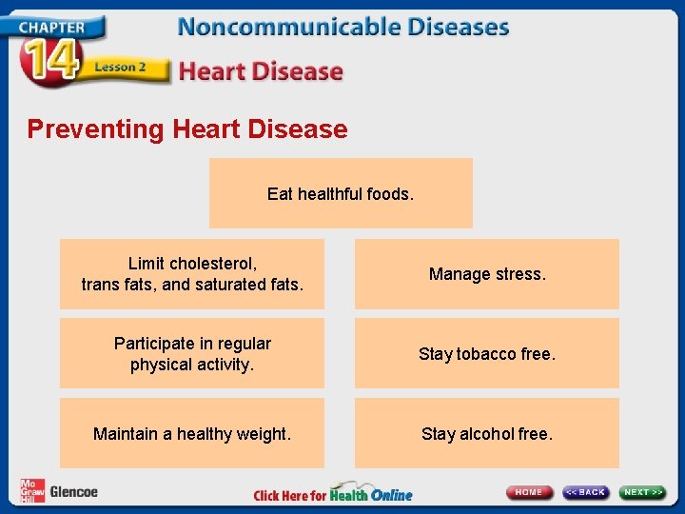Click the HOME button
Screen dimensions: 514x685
coord(530,492)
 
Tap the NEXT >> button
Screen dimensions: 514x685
coord(643,492)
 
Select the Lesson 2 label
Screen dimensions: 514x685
coord(120,68)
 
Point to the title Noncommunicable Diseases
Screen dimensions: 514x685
coord(343,27)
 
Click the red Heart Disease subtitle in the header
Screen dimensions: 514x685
coord(261,71)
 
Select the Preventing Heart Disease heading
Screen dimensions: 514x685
coord(187,128)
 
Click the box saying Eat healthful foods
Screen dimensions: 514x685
coord(341,193)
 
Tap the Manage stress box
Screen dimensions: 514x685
coord(487,274)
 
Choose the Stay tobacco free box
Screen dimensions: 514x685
coord(487,353)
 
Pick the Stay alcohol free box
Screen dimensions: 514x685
coord(487,433)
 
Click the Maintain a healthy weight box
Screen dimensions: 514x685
coord(192,433)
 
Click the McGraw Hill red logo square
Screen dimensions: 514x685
coord(32,491)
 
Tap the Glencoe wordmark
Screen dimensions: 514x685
coord(73,492)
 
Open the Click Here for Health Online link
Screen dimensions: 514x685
coord(333,495)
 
